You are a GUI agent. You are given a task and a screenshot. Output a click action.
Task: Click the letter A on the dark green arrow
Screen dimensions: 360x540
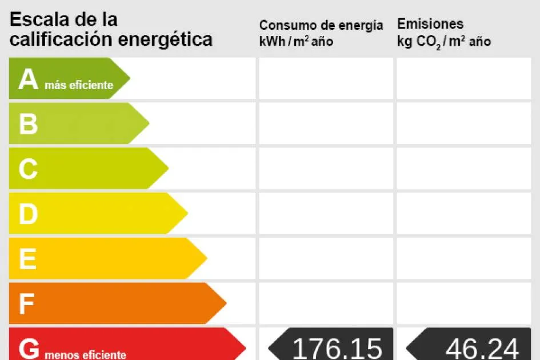(28, 79)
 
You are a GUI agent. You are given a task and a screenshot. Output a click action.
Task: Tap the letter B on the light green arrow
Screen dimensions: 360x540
(28, 124)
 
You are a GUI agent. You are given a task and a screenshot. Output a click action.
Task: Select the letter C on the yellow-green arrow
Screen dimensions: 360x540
(28, 169)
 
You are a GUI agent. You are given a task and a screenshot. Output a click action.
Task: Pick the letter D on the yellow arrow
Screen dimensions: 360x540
(28, 214)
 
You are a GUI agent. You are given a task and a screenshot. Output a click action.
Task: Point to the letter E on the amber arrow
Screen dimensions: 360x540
(27, 259)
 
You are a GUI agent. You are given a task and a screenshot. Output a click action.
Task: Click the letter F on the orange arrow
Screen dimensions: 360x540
(26, 304)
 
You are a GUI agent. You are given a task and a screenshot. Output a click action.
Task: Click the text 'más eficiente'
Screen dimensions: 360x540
(79, 86)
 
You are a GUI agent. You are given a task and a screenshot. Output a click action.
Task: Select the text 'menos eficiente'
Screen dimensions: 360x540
(85, 355)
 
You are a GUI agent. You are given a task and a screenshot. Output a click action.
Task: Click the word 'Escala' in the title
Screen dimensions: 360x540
(39, 19)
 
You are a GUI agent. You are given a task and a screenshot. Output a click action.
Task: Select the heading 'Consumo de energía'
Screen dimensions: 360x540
(321, 25)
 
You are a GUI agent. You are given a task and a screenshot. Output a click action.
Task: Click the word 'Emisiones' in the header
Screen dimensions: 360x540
(430, 24)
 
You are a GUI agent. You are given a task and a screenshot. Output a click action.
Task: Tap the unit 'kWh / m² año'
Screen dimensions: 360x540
(296, 42)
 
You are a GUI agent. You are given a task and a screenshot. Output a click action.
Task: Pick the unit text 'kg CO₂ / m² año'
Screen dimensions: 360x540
(444, 42)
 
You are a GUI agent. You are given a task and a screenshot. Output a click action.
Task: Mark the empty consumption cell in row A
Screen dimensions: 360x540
(326, 78)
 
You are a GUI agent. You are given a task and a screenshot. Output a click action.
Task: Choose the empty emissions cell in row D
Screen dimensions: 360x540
(463, 214)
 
